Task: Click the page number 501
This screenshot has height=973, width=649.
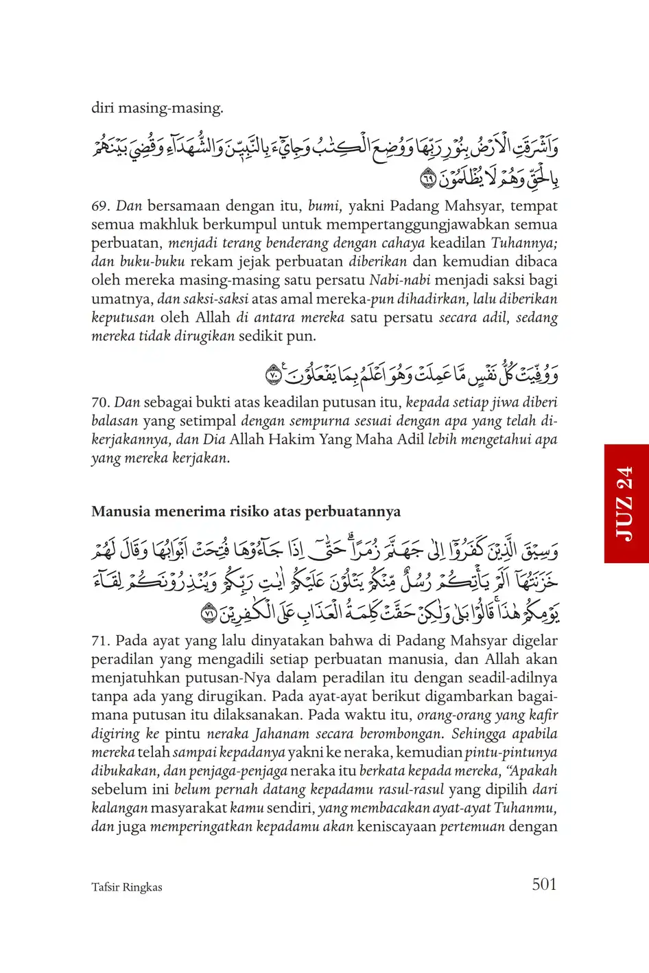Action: [544, 884]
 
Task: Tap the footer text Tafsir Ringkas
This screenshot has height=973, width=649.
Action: [127, 887]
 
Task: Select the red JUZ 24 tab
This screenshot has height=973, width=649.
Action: [626, 503]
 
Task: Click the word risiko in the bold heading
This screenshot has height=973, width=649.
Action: [242, 512]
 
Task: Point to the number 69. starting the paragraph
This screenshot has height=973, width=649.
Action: [101, 206]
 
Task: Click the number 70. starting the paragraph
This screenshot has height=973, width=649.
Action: [101, 402]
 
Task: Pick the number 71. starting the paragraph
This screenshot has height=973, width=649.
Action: [101, 641]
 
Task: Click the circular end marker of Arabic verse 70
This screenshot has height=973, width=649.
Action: [273, 376]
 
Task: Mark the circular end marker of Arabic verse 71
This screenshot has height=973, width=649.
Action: [209, 613]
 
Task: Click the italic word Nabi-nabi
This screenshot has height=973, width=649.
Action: [399, 280]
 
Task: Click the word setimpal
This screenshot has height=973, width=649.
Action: [208, 421]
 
